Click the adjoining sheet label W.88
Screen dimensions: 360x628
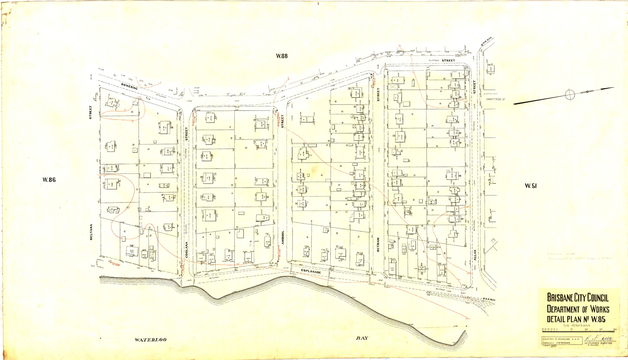(x=282, y=56)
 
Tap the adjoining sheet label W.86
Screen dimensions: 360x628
(x=49, y=180)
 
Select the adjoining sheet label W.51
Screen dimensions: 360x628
(x=530, y=186)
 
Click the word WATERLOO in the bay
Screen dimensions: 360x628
(x=151, y=340)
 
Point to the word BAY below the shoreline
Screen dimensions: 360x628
(x=362, y=338)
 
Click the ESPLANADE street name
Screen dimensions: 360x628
(x=311, y=272)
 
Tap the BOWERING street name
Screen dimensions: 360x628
(x=129, y=86)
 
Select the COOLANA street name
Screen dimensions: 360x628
(x=187, y=250)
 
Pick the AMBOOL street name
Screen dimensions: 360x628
(x=283, y=237)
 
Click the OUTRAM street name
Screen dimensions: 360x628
(x=378, y=245)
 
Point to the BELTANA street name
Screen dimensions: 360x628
(x=91, y=232)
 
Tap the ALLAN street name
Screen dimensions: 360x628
(x=475, y=255)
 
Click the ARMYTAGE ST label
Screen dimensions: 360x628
(x=495, y=99)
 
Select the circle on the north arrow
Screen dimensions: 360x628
(x=570, y=95)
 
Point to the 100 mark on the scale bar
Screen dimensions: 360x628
(x=586, y=329)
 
